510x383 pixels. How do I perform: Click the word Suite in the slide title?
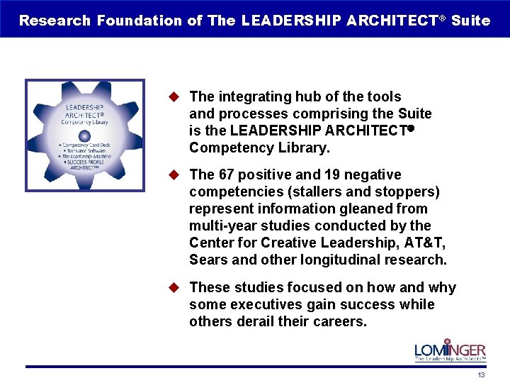click(x=470, y=20)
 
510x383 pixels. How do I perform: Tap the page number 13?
click(x=481, y=375)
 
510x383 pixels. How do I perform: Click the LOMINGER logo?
click(x=450, y=350)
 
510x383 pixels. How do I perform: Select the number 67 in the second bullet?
click(x=225, y=174)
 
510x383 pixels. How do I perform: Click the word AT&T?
click(x=421, y=243)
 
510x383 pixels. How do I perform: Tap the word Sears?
click(x=208, y=260)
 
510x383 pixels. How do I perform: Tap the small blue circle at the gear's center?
click(x=84, y=135)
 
